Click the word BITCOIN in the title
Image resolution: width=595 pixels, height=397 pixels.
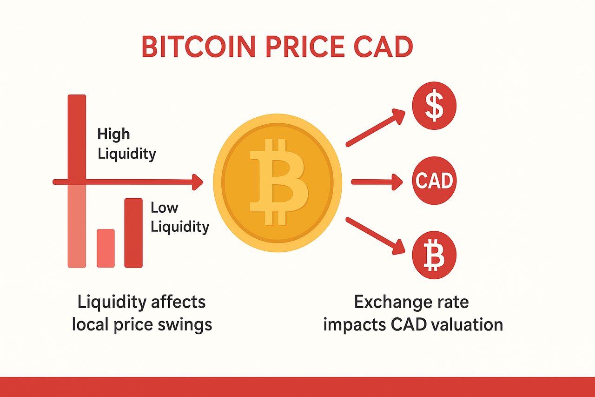[x=198, y=47]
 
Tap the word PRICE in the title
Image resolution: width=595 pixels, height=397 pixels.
[x=305, y=47]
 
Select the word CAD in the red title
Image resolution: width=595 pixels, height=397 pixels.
[x=383, y=47]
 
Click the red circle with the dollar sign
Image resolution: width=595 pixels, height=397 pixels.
[x=434, y=106]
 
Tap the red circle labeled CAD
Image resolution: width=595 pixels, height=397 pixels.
[x=434, y=181]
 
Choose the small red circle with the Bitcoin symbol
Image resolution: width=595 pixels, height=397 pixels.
[x=434, y=255]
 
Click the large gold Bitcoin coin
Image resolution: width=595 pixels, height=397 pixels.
[x=278, y=183]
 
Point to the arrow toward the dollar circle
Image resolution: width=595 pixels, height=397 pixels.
[x=376, y=128]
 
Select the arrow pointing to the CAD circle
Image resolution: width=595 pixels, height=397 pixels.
[x=377, y=182]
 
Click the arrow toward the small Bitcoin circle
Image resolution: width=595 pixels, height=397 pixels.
[x=376, y=236]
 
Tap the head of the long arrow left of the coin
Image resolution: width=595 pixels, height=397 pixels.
[x=198, y=182]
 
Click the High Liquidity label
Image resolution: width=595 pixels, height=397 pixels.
[x=127, y=144]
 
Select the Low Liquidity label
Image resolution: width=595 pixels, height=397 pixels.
[x=180, y=217]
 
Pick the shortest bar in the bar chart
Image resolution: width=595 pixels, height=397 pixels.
[x=106, y=249]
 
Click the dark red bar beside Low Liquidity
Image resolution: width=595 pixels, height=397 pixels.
[x=133, y=233]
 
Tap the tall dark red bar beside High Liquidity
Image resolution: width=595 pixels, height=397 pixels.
[x=77, y=138]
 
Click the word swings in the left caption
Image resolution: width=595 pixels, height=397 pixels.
[x=185, y=325]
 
